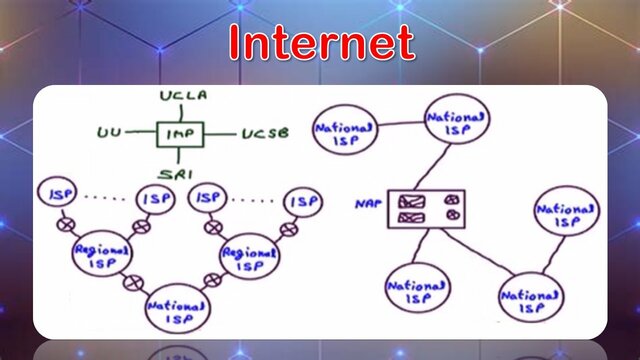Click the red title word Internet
coord(320,43)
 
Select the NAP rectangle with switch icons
coord(427,207)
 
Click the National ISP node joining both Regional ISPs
coord(176,308)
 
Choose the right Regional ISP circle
coord(244,254)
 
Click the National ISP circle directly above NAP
coord(457,125)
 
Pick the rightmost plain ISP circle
coord(301,201)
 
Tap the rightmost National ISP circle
coord(567,212)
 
